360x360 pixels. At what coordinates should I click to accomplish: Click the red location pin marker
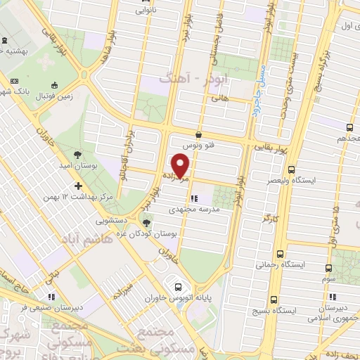coord(181,165)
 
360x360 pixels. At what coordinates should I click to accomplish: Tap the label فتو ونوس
coord(198,145)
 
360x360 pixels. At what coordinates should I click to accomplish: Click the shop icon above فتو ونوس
coord(199,134)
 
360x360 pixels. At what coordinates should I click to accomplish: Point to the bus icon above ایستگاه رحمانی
coord(281,254)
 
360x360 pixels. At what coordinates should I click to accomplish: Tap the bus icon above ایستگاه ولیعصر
coord(292,168)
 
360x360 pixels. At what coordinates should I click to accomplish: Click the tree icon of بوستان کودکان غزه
coord(146,222)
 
